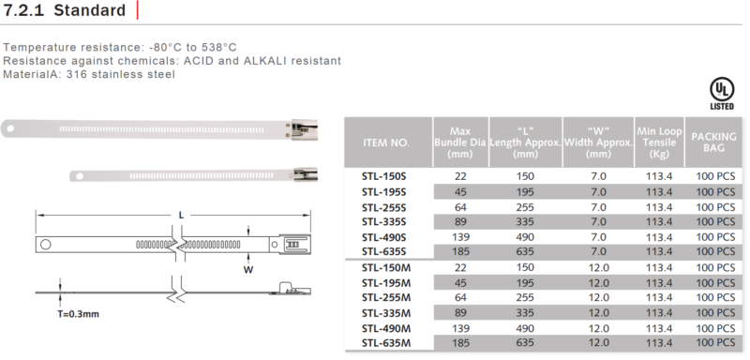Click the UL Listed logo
pyautogui.click(x=721, y=94)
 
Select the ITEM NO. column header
pyautogui.click(x=386, y=142)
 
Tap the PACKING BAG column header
pyautogui.click(x=713, y=142)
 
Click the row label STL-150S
pyautogui.click(x=384, y=176)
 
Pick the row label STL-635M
pyautogui.click(x=386, y=343)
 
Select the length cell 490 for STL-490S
pyautogui.click(x=525, y=237)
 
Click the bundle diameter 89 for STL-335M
pyautogui.click(x=460, y=313)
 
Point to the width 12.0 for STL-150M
pyautogui.click(x=598, y=268)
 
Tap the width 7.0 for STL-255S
pyautogui.click(x=598, y=207)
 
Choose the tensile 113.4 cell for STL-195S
pyautogui.click(x=659, y=192)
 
